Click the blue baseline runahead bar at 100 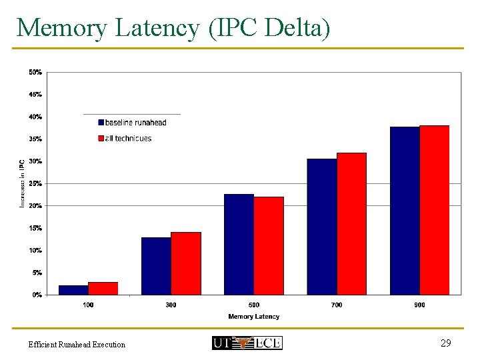pyautogui.click(x=73, y=290)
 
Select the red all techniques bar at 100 pyautogui.click(x=103, y=288)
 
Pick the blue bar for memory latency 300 pyautogui.click(x=156, y=266)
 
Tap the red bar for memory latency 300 pyautogui.click(x=186, y=263)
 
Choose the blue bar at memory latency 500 pyautogui.click(x=239, y=244)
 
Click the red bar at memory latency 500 pyautogui.click(x=269, y=245)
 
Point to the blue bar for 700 pyautogui.click(x=322, y=227)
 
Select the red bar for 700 pyautogui.click(x=351, y=223)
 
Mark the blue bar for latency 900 pyautogui.click(x=405, y=211)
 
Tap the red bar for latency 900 pyautogui.click(x=434, y=210)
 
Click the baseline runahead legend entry pyautogui.click(x=132, y=123)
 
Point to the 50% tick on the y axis pyautogui.click(x=35, y=72)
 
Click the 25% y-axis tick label pyautogui.click(x=35, y=183)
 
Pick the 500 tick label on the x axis pyautogui.click(x=254, y=305)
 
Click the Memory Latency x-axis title pyautogui.click(x=254, y=317)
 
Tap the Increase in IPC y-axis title pyautogui.click(x=22, y=183)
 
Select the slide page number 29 pyautogui.click(x=446, y=343)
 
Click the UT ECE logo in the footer pyautogui.click(x=247, y=343)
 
